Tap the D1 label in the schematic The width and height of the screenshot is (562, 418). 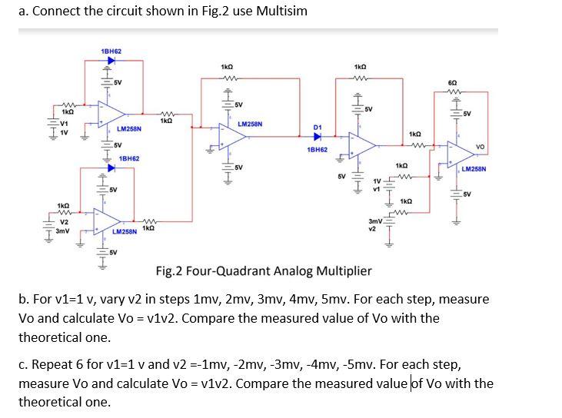pyautogui.click(x=318, y=127)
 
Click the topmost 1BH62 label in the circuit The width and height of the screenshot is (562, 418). pyautogui.click(x=111, y=51)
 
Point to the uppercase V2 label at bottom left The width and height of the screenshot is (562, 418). pyautogui.click(x=65, y=222)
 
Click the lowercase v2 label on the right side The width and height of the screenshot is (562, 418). pyautogui.click(x=372, y=228)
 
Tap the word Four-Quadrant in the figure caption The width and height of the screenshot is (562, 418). pyautogui.click(x=227, y=270)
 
